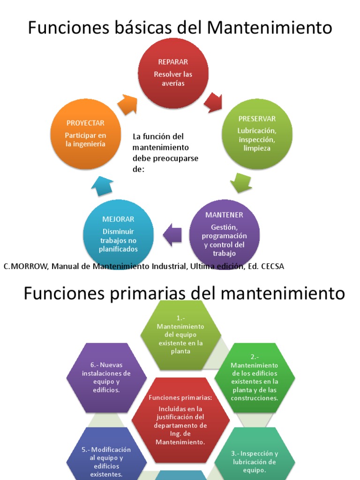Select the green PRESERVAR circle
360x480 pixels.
point(257,134)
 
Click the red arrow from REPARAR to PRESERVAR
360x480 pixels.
point(213,101)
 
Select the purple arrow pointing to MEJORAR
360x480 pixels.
point(172,234)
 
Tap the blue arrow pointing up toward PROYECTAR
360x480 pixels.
point(102,186)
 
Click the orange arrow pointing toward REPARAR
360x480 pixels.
point(127,104)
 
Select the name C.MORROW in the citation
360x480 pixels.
point(25,266)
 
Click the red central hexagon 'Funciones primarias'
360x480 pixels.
point(180,419)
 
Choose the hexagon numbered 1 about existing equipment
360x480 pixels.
point(180,334)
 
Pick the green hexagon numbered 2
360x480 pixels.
point(255,378)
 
